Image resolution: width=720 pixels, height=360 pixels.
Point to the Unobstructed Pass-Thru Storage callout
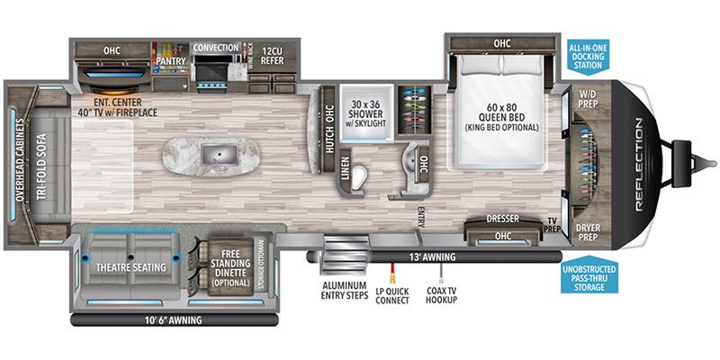588,274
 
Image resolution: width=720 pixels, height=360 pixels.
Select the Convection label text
216,47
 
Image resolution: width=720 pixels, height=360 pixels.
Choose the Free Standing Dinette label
232,270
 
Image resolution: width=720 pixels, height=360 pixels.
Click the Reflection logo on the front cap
638,163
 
